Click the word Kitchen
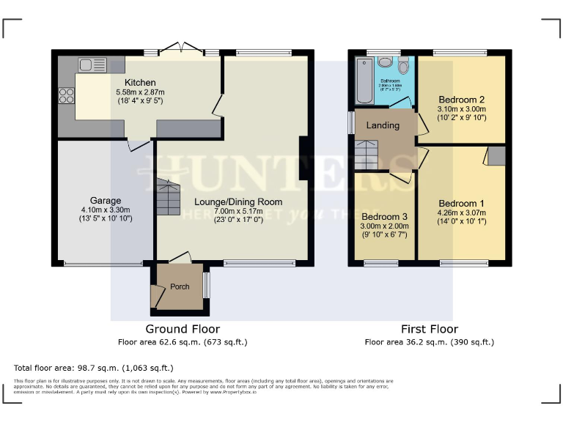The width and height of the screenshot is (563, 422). coord(140,82)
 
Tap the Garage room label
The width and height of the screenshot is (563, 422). coord(106,200)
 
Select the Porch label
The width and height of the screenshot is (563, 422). coord(180,286)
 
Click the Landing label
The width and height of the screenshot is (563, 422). coord(383,125)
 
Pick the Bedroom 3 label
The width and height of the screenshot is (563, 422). coord(385,217)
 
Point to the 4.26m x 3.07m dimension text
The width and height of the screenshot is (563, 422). coord(462,213)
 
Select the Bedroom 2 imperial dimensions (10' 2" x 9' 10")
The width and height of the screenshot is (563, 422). coord(462,117)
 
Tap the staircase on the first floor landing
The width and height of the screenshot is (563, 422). coord(369,154)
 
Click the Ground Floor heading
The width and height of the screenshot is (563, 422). coord(183,329)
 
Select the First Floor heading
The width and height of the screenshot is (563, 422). coord(430,329)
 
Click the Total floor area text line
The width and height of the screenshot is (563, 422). coord(94,367)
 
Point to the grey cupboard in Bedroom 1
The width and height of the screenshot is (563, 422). coord(496,155)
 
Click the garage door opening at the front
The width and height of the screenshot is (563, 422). coord(103,264)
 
